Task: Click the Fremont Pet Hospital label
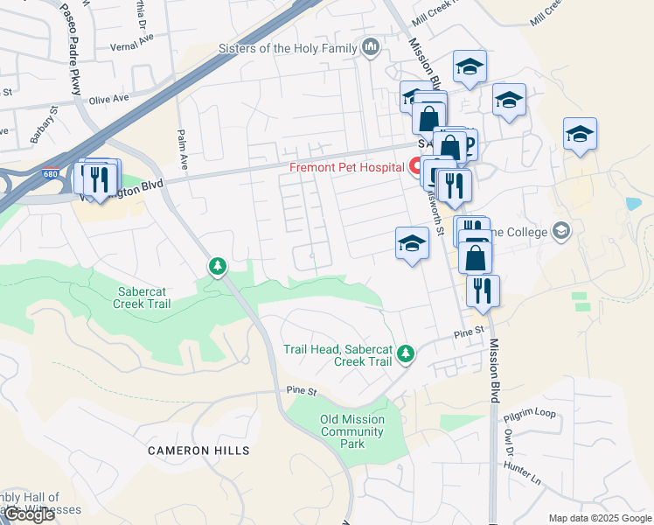(x=347, y=168)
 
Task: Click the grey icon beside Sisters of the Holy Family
(x=371, y=47)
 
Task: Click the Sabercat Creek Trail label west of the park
(x=142, y=297)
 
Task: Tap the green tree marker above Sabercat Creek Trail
(x=217, y=266)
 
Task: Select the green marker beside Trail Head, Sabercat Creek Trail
(x=404, y=354)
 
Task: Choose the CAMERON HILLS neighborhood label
(x=198, y=451)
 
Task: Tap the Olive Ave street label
(x=108, y=99)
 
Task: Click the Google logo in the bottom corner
(x=29, y=514)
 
